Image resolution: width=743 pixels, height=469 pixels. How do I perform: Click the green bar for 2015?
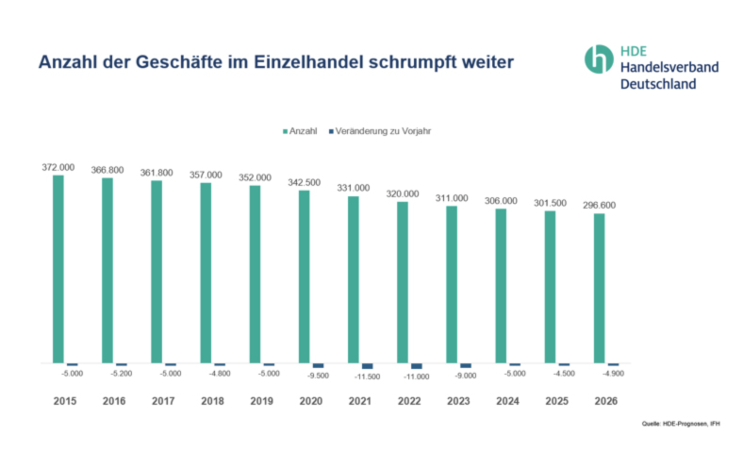coord(58,269)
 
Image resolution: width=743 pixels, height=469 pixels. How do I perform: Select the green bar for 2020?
coord(304,276)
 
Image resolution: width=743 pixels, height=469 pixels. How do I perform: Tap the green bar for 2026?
coord(599,288)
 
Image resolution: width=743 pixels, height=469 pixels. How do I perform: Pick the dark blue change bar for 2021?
coord(367,366)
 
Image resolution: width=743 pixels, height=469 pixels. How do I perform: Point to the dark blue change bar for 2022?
coord(416,366)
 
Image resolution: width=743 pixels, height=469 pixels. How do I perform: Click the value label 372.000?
coord(58,167)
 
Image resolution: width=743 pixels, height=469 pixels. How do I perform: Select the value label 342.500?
coord(304,182)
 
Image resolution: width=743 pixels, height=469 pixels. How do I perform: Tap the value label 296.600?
coord(599,204)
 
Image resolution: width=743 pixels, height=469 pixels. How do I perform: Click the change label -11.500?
coord(368,377)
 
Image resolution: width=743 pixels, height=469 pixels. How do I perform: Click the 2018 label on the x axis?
coord(212,400)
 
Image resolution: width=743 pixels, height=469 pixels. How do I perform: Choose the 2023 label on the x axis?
coord(458,400)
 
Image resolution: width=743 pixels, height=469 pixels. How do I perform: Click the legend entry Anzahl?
coord(301,130)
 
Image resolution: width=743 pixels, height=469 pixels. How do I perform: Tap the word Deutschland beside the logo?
coord(658,84)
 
